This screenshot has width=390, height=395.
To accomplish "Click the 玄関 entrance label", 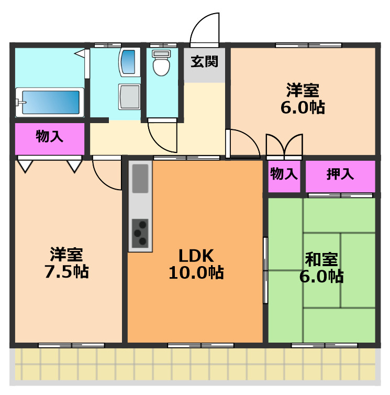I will click(x=204, y=62).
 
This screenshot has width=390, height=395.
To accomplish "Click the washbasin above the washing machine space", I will click(x=128, y=62).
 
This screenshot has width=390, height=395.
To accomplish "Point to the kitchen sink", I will click(x=140, y=178).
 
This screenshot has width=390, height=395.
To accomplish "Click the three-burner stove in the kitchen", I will click(x=140, y=233).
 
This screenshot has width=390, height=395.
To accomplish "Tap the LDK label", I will click(x=196, y=256).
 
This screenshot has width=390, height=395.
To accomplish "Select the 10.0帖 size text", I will click(x=196, y=272).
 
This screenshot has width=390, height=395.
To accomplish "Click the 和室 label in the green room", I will click(x=321, y=259).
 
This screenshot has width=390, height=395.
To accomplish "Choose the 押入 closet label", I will click(x=340, y=174).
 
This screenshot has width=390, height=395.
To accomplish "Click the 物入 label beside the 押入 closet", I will click(x=284, y=174).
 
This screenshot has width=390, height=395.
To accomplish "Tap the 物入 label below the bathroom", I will click(x=50, y=137).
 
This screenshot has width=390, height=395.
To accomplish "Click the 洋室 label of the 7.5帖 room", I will click(x=66, y=255).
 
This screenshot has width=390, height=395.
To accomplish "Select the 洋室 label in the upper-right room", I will click(x=303, y=90).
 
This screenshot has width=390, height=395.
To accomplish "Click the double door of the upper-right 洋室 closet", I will click(x=284, y=146).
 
